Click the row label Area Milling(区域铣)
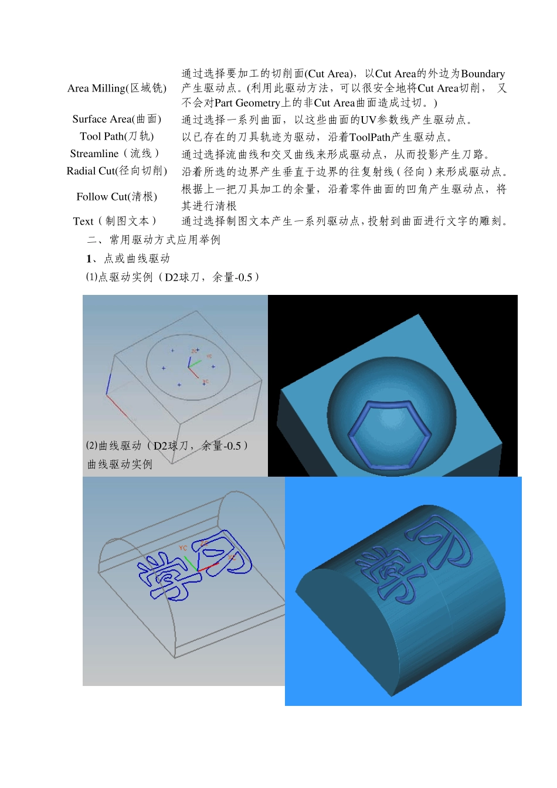[117, 88]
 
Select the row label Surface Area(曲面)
[117, 119]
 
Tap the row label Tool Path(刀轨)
[117, 137]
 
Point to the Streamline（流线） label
[115, 154]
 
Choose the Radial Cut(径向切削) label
[117, 171]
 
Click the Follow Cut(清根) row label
[117, 196]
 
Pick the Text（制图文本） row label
[116, 221]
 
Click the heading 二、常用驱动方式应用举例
[154, 240]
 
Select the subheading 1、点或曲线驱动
[128, 259]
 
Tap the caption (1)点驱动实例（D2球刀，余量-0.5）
[173, 277]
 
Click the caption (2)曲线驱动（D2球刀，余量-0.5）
[168, 446]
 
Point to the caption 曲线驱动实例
[120, 464]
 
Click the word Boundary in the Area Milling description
[483, 74]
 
